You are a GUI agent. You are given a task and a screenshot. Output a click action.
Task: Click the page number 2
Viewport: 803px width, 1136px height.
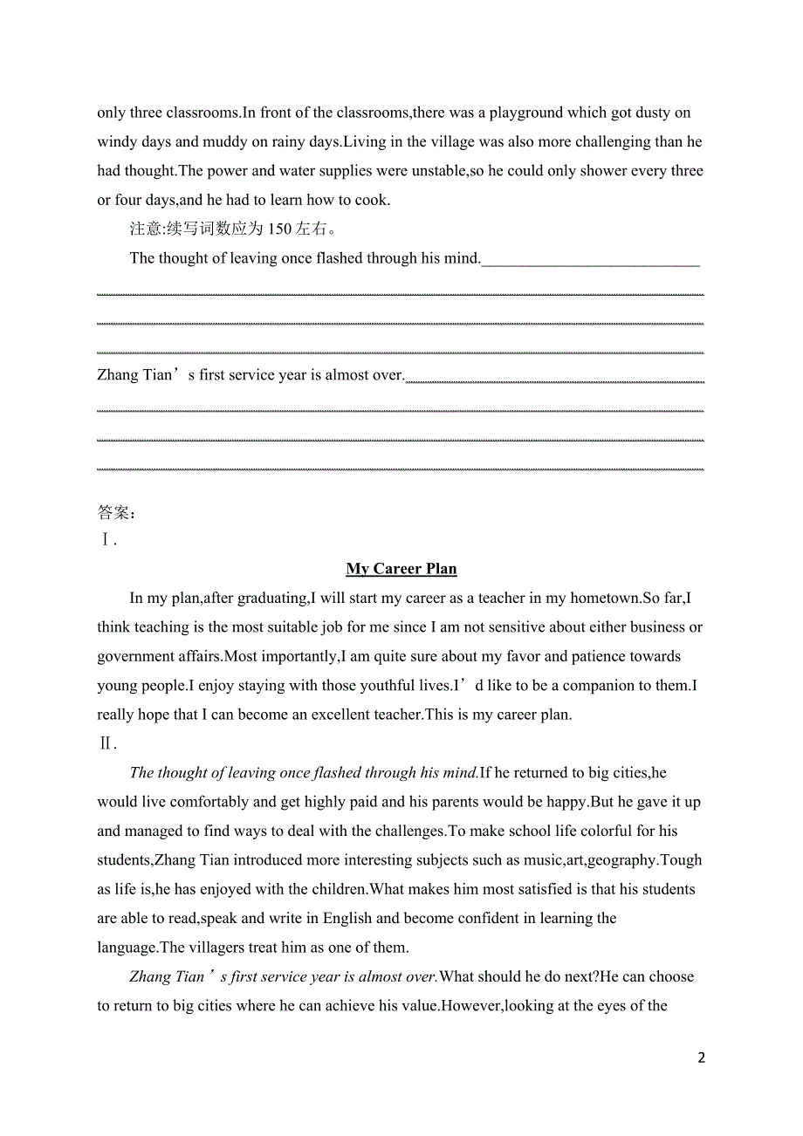coord(701,1058)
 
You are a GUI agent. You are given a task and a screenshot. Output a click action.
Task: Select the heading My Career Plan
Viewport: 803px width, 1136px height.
coord(401,569)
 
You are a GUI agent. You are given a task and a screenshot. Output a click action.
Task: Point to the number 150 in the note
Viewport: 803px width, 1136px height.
coord(279,229)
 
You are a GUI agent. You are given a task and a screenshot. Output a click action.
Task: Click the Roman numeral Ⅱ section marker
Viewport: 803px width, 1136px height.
coord(106,743)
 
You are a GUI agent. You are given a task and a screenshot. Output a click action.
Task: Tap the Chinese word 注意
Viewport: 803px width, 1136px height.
coord(146,229)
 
